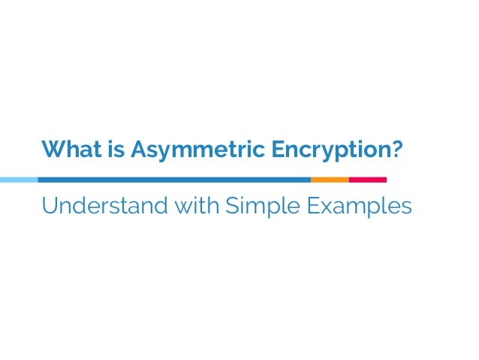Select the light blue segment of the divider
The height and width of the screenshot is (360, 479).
(18, 180)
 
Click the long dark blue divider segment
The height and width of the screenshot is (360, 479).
(173, 180)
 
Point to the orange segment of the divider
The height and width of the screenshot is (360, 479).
(330, 180)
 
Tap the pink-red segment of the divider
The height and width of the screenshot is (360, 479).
(368, 180)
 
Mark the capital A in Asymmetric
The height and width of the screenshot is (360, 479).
(138, 150)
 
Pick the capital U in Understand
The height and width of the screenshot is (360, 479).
(50, 205)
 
